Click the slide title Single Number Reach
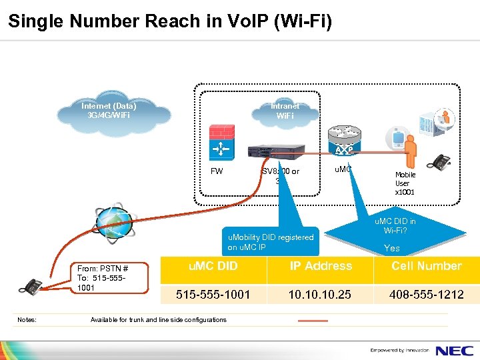(169, 21)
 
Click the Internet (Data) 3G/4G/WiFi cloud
(109, 111)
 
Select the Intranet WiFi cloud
(285, 111)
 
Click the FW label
(217, 171)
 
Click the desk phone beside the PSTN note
(29, 287)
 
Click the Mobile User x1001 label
(405, 183)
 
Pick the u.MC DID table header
(213, 266)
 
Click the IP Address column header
(321, 266)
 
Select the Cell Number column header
(427, 266)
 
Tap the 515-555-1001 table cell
(213, 294)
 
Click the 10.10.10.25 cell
(321, 294)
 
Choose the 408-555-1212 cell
(427, 294)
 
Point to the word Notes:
(27, 320)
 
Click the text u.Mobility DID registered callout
(271, 242)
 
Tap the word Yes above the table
(392, 248)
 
